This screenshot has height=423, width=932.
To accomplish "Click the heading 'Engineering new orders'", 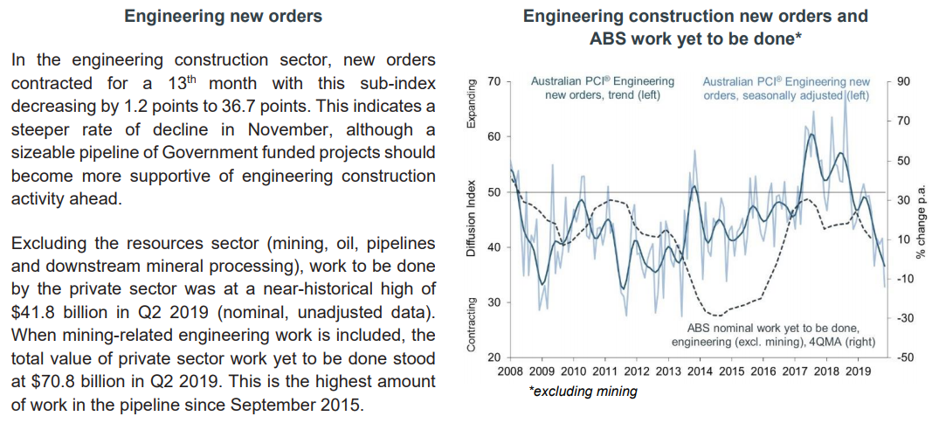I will coord(223,16).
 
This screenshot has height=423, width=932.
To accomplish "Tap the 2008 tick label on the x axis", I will coord(510,371).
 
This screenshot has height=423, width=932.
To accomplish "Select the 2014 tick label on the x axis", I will coord(700,371).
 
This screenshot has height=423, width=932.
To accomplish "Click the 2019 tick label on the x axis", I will coord(858,371).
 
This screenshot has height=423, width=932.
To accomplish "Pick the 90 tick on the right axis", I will coord(903,81).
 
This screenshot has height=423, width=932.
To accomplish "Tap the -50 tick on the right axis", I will coord(905,357).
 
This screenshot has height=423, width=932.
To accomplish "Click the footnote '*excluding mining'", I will coord(583,392).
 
